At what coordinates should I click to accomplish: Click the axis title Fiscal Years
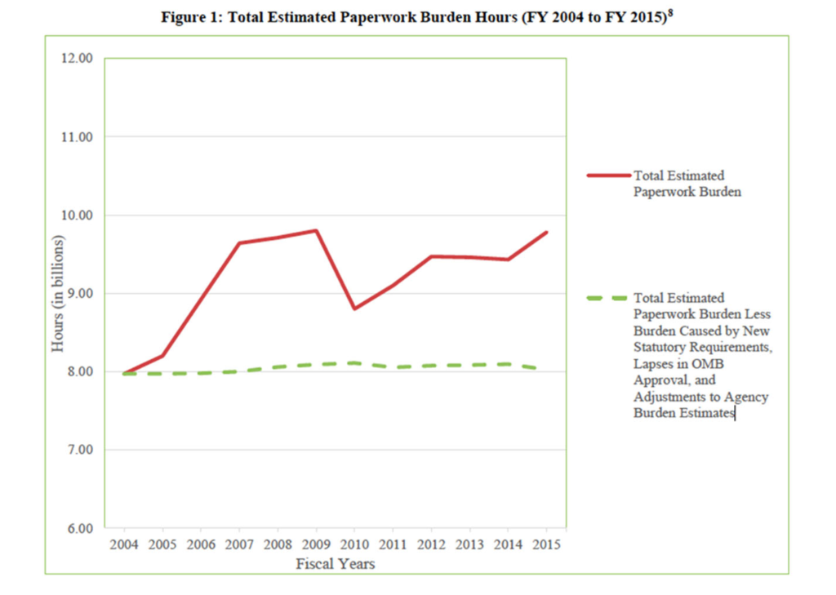(336, 563)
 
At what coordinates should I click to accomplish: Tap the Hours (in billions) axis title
(58, 294)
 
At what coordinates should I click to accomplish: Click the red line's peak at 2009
(316, 230)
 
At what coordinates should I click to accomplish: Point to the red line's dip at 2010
(354, 309)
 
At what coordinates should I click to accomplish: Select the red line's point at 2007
(239, 242)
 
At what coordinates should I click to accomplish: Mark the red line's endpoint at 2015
(546, 233)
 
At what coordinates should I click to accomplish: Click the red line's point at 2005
(162, 355)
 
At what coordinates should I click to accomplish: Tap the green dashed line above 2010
(354, 362)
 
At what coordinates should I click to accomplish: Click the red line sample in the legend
(608, 175)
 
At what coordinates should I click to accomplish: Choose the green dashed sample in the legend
(608, 298)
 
